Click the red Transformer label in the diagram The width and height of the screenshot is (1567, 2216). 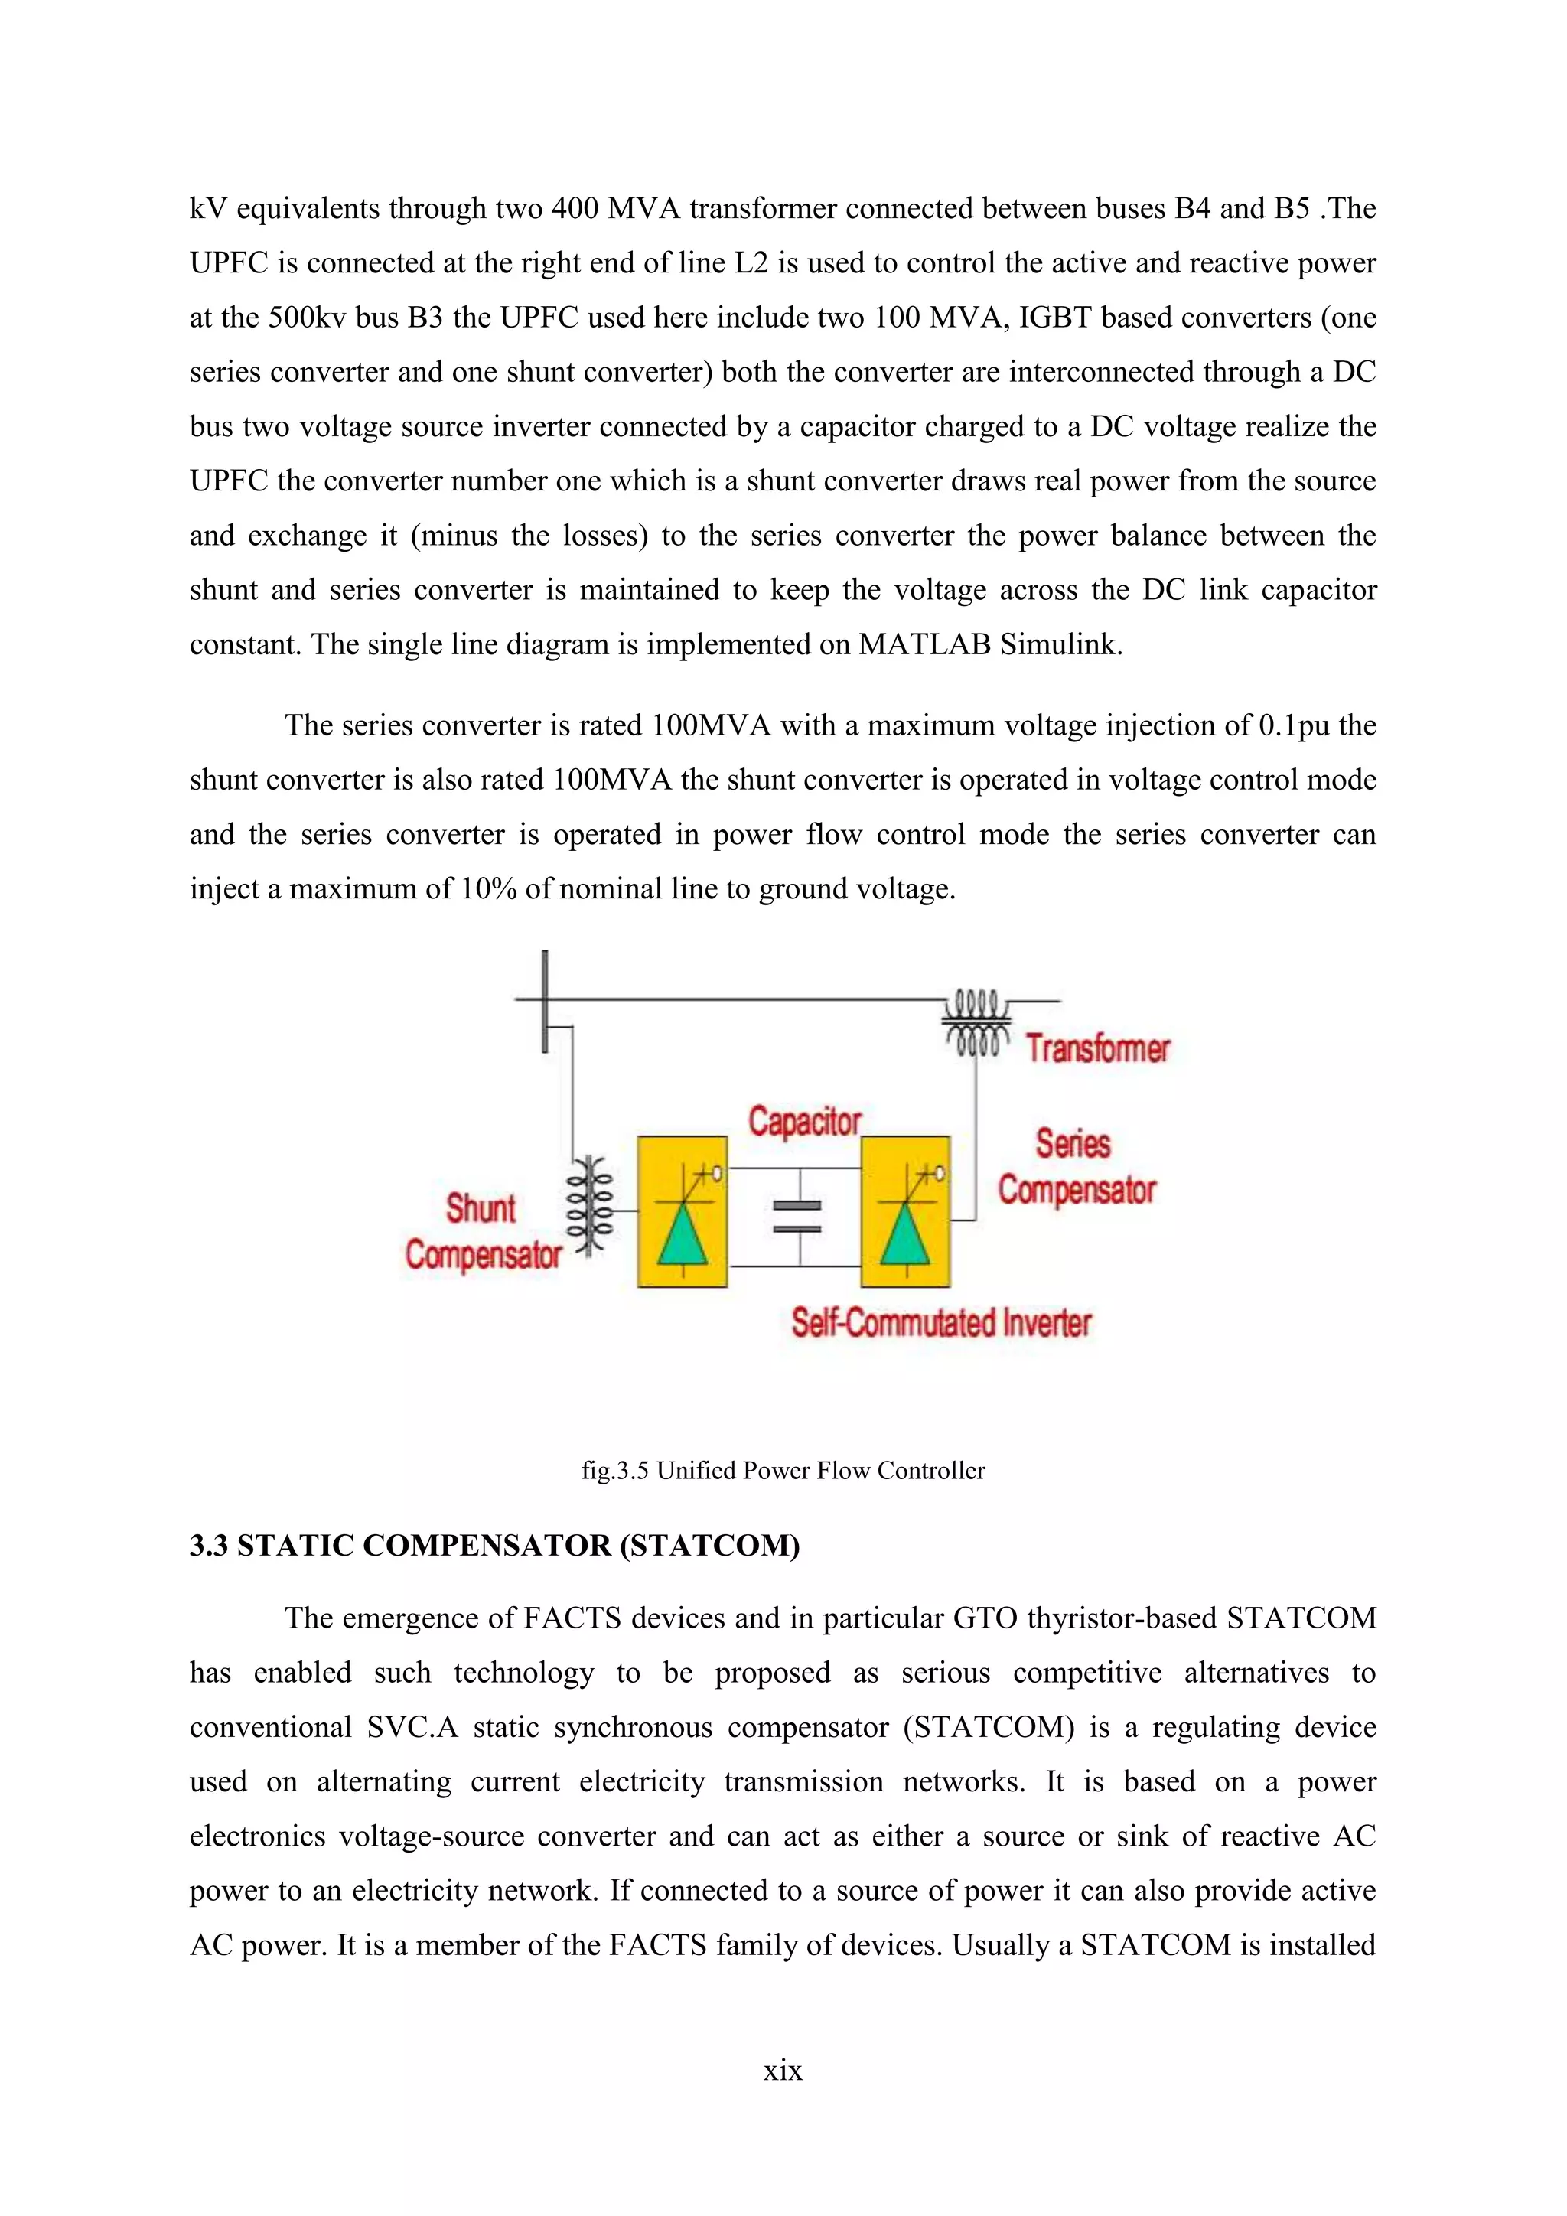pos(1097,1048)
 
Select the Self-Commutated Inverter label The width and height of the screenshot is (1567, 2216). pos(941,1322)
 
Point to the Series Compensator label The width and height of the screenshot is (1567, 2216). pos(1075,1167)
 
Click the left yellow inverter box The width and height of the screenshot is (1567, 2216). pos(683,1211)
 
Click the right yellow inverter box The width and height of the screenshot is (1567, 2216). pos(905,1211)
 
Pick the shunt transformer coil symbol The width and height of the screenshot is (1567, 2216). pos(591,1207)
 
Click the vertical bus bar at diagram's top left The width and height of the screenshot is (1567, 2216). pos(546,1001)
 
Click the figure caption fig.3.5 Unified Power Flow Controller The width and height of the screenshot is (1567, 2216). pos(783,1470)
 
